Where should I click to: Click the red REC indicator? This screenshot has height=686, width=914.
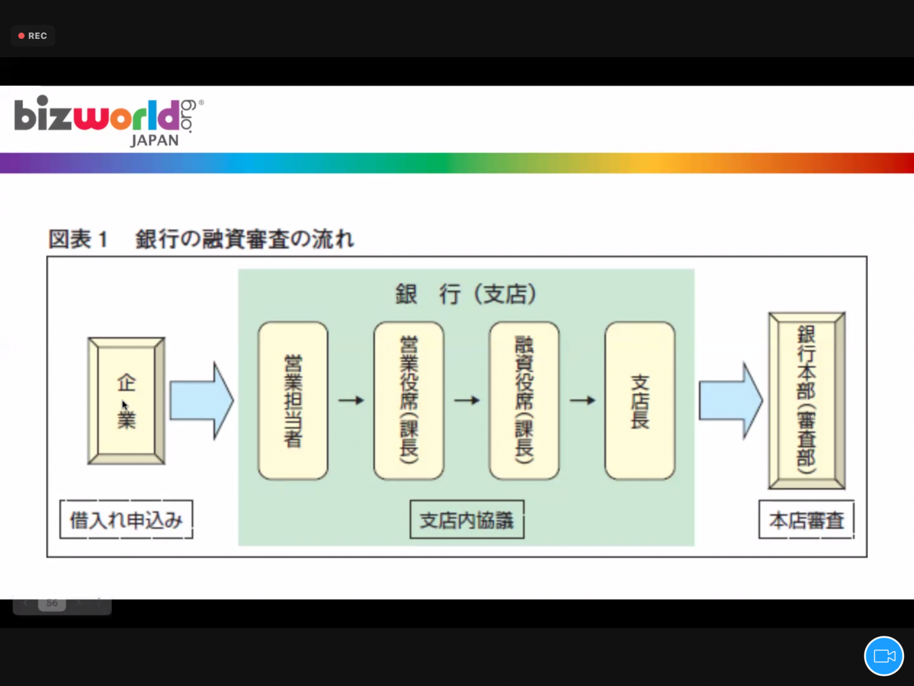click(33, 36)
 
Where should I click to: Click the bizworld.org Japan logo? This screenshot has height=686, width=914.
click(109, 121)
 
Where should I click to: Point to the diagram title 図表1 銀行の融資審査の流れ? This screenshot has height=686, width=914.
click(201, 239)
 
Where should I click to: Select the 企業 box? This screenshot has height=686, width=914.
click(126, 401)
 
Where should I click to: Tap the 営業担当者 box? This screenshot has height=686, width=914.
click(292, 401)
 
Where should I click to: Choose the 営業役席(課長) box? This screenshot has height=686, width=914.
click(408, 401)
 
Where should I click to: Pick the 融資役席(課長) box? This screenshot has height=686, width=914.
click(524, 401)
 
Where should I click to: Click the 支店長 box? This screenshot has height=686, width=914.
click(640, 401)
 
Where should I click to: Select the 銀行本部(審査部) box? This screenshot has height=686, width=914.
click(807, 401)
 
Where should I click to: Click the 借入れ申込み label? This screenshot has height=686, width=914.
click(126, 520)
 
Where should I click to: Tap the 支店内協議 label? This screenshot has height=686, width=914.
click(467, 520)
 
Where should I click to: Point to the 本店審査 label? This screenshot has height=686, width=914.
click(807, 520)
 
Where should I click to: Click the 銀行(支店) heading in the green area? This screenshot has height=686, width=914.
click(466, 294)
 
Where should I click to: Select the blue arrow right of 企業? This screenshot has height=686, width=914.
click(202, 401)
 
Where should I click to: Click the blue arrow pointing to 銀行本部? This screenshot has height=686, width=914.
click(731, 401)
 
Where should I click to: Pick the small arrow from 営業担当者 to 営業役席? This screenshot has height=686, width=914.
click(351, 401)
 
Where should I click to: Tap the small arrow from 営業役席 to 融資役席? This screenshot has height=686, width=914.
click(467, 401)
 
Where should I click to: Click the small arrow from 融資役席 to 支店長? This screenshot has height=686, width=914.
click(583, 401)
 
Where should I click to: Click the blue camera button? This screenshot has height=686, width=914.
click(884, 656)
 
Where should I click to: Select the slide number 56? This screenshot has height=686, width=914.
click(51, 603)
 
